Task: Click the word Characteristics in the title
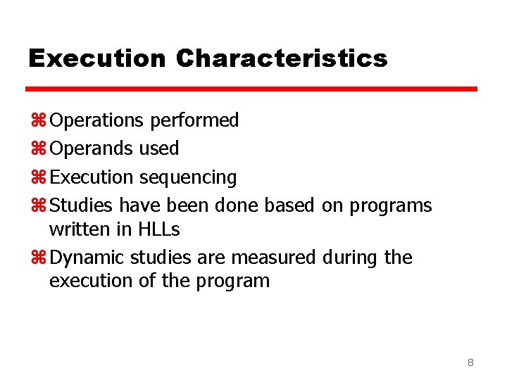pos(282,58)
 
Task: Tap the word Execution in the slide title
pos(97,58)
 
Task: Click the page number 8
pos(470,363)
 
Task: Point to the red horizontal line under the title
pos(251,89)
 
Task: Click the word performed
pos(194,121)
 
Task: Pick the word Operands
pos(94,148)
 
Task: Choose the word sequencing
pos(188,177)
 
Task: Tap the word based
pos(289,205)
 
